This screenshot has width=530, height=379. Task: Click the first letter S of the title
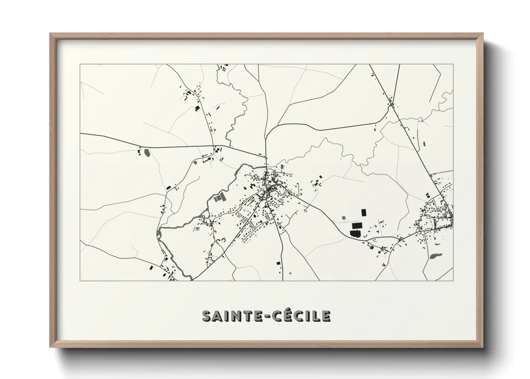pos(207,316)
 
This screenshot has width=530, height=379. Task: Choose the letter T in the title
pos(244,316)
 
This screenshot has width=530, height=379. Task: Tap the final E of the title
pos(325,316)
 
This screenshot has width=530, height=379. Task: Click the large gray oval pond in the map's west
pos(147,153)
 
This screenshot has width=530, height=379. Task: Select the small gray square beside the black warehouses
pos(344,217)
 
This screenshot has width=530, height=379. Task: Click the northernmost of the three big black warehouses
pos(364,212)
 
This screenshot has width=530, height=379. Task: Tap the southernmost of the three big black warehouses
pos(355,234)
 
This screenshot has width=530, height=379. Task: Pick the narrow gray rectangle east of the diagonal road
pos(424,144)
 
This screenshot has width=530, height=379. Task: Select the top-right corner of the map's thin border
pos(453,64)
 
